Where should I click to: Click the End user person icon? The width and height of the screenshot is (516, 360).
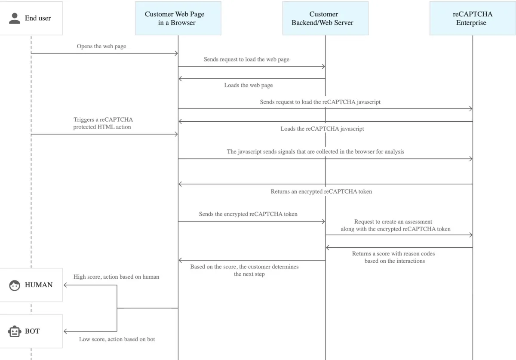[x=15, y=18]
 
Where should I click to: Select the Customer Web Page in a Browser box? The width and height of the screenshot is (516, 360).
[x=178, y=18]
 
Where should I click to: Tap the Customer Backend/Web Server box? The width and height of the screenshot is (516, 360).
[x=325, y=18]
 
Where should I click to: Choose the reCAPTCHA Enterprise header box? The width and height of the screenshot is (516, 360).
[x=473, y=18]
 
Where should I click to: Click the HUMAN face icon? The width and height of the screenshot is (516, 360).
[x=15, y=285]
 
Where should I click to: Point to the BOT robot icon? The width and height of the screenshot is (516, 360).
[x=15, y=332]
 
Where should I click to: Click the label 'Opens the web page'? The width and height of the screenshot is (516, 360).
[x=101, y=46]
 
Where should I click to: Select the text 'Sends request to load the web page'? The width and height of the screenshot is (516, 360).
[x=246, y=59]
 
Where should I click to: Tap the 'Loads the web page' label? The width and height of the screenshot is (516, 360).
[x=249, y=85]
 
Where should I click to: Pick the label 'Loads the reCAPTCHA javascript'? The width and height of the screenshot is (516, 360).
[x=322, y=129]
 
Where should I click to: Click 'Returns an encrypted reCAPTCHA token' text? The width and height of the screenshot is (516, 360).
[x=321, y=191]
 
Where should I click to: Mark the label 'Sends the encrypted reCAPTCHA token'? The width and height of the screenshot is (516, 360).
[x=248, y=214]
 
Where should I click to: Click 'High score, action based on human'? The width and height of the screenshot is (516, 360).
[x=117, y=277]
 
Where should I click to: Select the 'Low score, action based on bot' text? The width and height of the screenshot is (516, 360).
[x=117, y=339]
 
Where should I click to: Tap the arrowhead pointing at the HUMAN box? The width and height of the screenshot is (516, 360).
[x=65, y=285]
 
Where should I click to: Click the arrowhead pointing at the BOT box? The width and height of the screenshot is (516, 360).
[x=65, y=332]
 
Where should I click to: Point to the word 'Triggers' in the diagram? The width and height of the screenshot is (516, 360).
[x=84, y=120]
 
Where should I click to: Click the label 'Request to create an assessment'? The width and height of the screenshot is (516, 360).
[x=393, y=222]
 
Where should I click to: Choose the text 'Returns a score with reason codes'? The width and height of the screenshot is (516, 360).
[x=393, y=254]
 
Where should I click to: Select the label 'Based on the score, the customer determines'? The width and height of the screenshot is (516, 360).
[x=244, y=267]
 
